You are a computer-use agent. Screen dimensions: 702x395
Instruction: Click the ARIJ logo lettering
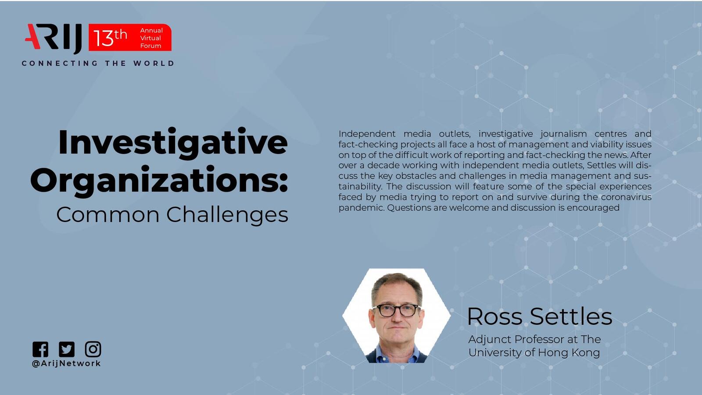[x=54, y=38]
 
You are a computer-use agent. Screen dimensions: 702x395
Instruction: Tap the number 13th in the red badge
[x=110, y=38]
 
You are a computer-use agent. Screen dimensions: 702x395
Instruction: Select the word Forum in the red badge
[x=151, y=46]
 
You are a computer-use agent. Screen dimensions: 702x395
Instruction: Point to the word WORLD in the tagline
[x=154, y=63]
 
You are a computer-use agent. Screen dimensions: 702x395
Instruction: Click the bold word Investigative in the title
[x=173, y=142]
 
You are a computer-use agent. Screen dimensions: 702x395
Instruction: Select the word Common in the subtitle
[x=108, y=215]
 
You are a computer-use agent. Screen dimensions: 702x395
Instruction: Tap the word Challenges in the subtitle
[x=227, y=215]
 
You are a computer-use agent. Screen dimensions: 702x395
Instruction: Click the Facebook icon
[x=40, y=349]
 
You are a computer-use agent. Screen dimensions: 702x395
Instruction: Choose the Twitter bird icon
[x=67, y=349]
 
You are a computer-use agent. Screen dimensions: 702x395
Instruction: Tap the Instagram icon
[x=93, y=349]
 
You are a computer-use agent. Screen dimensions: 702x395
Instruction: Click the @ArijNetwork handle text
[x=66, y=363]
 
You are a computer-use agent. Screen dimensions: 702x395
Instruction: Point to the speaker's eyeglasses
[x=397, y=310]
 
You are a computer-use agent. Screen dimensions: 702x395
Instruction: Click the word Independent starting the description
[x=367, y=134]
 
